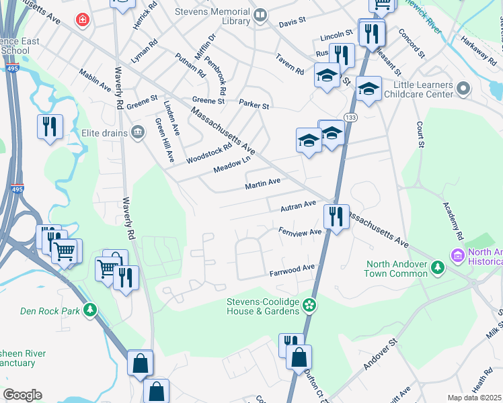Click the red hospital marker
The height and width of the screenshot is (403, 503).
coord(83,21)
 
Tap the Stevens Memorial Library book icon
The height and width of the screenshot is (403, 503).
coord(260,13)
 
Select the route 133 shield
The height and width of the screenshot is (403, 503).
coord(350,118)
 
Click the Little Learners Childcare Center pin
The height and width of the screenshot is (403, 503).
coord(463,89)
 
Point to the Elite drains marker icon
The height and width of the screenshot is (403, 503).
coord(139,132)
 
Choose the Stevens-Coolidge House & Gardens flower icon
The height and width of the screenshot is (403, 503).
coord(309,305)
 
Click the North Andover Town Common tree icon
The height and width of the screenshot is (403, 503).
coord(438,268)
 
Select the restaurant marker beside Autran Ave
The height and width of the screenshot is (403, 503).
coord(336,218)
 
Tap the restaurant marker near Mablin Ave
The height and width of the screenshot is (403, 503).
coord(50,128)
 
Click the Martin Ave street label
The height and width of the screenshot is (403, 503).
coord(262,183)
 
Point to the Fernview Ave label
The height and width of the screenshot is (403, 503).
coord(300,232)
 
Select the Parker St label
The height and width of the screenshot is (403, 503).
coord(254,105)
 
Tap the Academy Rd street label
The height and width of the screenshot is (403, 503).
coord(450,222)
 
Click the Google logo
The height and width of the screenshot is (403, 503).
coord(22,395)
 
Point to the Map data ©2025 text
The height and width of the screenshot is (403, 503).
coord(473,398)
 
